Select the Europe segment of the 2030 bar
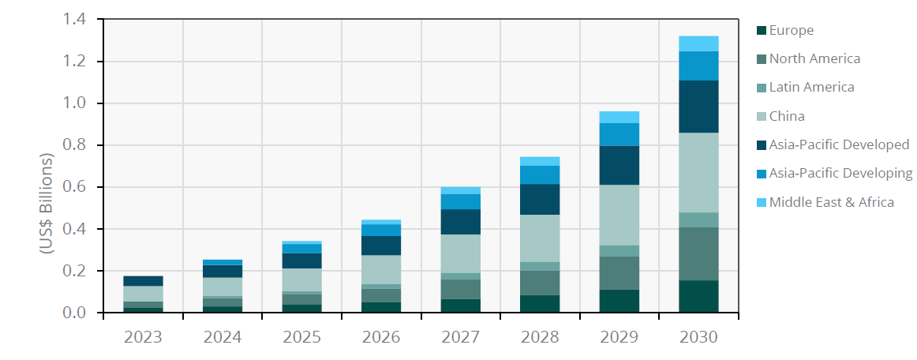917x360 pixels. (698, 296)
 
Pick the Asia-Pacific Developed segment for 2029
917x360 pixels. (619, 165)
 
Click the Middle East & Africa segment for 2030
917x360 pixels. (698, 43)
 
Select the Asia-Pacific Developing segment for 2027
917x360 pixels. (460, 201)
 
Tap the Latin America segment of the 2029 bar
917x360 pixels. (619, 250)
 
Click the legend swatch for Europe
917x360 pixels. (761, 31)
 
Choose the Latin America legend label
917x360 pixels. (811, 88)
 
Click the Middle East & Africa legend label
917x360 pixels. (832, 202)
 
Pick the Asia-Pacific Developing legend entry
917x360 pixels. (840, 174)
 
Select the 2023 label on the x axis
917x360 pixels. (143, 337)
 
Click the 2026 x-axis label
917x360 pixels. (381, 337)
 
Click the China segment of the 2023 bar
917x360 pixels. (143, 294)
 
